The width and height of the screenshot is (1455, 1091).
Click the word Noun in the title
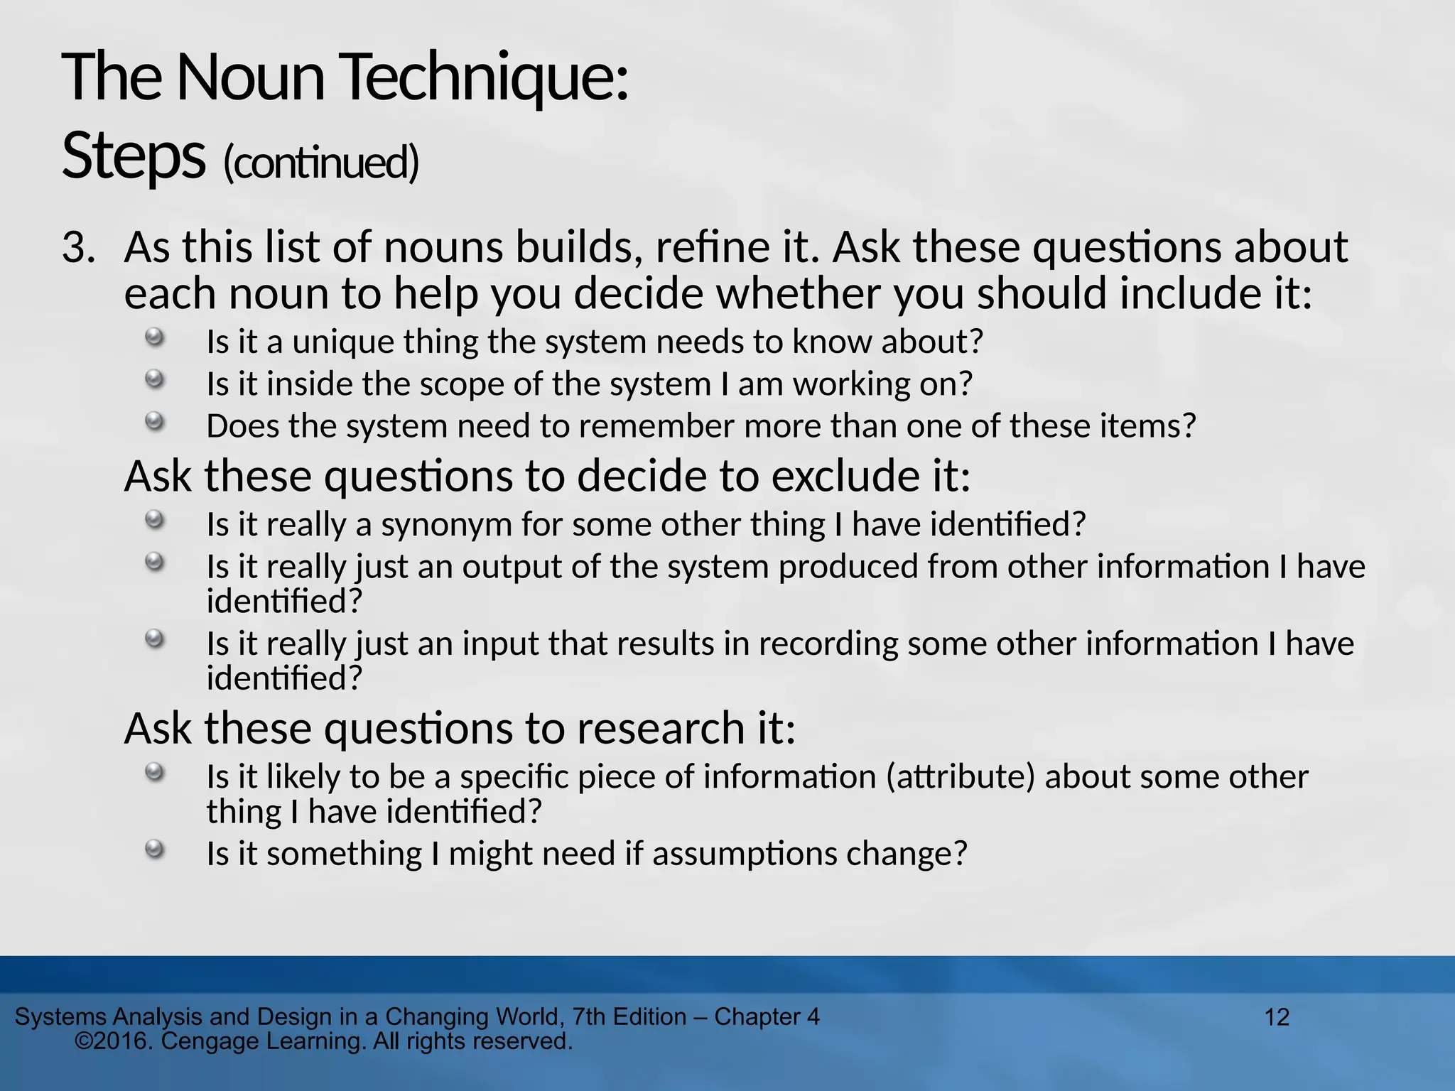[x=250, y=78]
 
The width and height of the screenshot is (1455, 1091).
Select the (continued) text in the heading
[x=321, y=163]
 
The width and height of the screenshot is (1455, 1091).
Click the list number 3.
[x=78, y=249]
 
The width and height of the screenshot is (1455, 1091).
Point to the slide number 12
[x=1277, y=1017]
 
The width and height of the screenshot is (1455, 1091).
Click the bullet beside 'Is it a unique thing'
[x=154, y=337]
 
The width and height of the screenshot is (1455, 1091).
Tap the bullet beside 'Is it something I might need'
[x=154, y=849]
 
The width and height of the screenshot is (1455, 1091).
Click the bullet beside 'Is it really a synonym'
[x=154, y=520]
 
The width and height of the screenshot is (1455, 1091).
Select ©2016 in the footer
[x=114, y=1041]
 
